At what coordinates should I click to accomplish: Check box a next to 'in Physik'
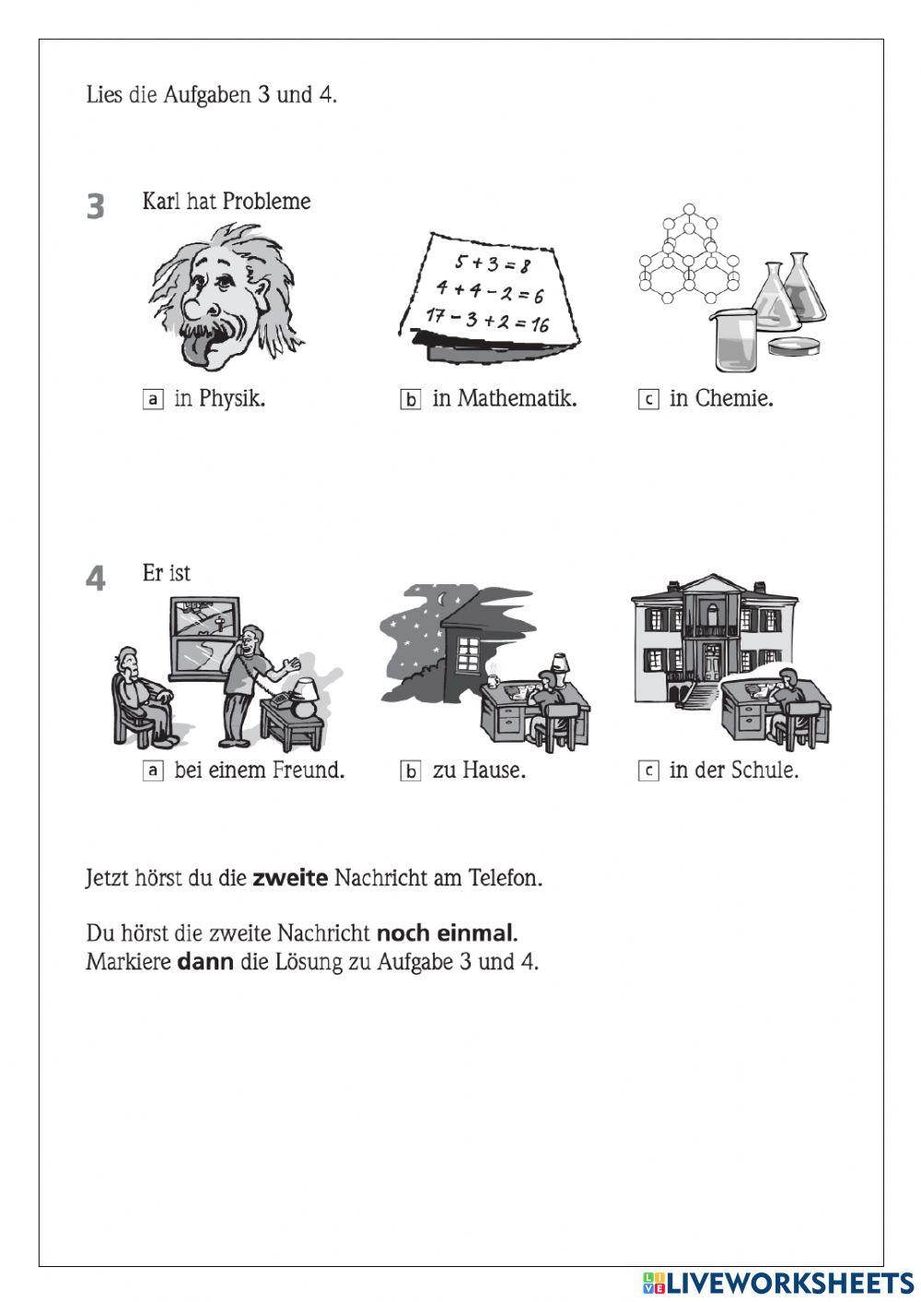coord(153,399)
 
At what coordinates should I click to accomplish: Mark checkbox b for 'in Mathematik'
coord(410,399)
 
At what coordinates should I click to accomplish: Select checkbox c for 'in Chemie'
coord(648,399)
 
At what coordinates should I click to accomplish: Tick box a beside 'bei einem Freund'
coord(153,770)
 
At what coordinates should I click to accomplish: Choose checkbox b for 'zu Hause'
coord(410,770)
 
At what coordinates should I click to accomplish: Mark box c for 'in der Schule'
coord(648,770)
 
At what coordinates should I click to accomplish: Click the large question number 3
coord(96,206)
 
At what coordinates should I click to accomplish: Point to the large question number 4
coord(96,579)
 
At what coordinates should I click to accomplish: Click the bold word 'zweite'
coord(290,878)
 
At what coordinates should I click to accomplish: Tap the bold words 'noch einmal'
coord(444,933)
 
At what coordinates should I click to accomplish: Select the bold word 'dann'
coord(204,962)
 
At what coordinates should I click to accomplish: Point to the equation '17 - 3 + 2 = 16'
coord(487,321)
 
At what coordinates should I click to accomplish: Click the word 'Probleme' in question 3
coord(266,202)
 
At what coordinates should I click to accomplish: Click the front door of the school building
coord(712,663)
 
